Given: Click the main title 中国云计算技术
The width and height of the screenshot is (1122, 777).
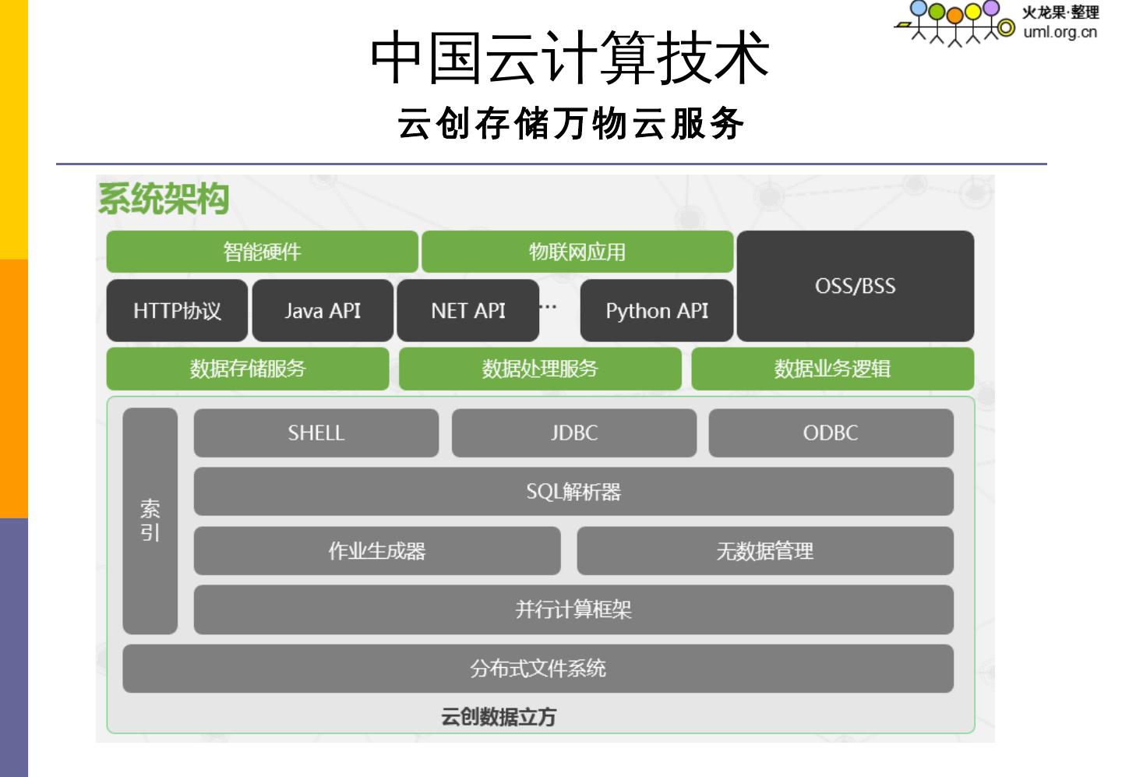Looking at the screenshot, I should coord(570,58).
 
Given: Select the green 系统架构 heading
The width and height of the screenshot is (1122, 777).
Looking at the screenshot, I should coord(163,198).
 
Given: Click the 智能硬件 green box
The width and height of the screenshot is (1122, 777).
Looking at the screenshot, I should coord(262,252).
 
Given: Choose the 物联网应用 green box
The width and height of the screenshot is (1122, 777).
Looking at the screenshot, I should coord(577,252).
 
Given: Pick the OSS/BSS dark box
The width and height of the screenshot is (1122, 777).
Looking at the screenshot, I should coord(855,286).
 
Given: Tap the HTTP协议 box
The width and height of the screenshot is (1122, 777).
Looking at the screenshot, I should coord(177,311).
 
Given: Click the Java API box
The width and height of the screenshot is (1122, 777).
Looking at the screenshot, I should coord(323,311).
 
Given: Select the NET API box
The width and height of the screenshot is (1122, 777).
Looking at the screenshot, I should coord(467,311).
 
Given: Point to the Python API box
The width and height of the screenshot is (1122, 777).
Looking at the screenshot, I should coord(657,311).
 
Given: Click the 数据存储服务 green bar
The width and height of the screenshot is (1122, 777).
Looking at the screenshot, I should coord(248,369).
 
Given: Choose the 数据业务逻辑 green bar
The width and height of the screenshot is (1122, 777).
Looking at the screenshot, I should coord(832,369).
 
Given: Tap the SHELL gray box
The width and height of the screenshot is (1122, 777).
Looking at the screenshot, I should coord(316,433).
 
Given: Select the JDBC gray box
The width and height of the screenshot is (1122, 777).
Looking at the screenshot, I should coord(573,433).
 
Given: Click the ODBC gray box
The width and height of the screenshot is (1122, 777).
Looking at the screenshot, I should coord(831,433).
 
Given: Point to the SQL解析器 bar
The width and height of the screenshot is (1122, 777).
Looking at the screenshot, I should coord(573,492).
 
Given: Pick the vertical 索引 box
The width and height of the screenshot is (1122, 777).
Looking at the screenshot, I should coord(150,521).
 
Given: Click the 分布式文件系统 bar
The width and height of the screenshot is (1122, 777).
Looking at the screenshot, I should coord(538,669).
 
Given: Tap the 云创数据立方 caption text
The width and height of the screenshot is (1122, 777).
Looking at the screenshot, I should coord(499,717).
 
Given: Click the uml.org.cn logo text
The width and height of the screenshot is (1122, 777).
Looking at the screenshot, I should coord(1060,32).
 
